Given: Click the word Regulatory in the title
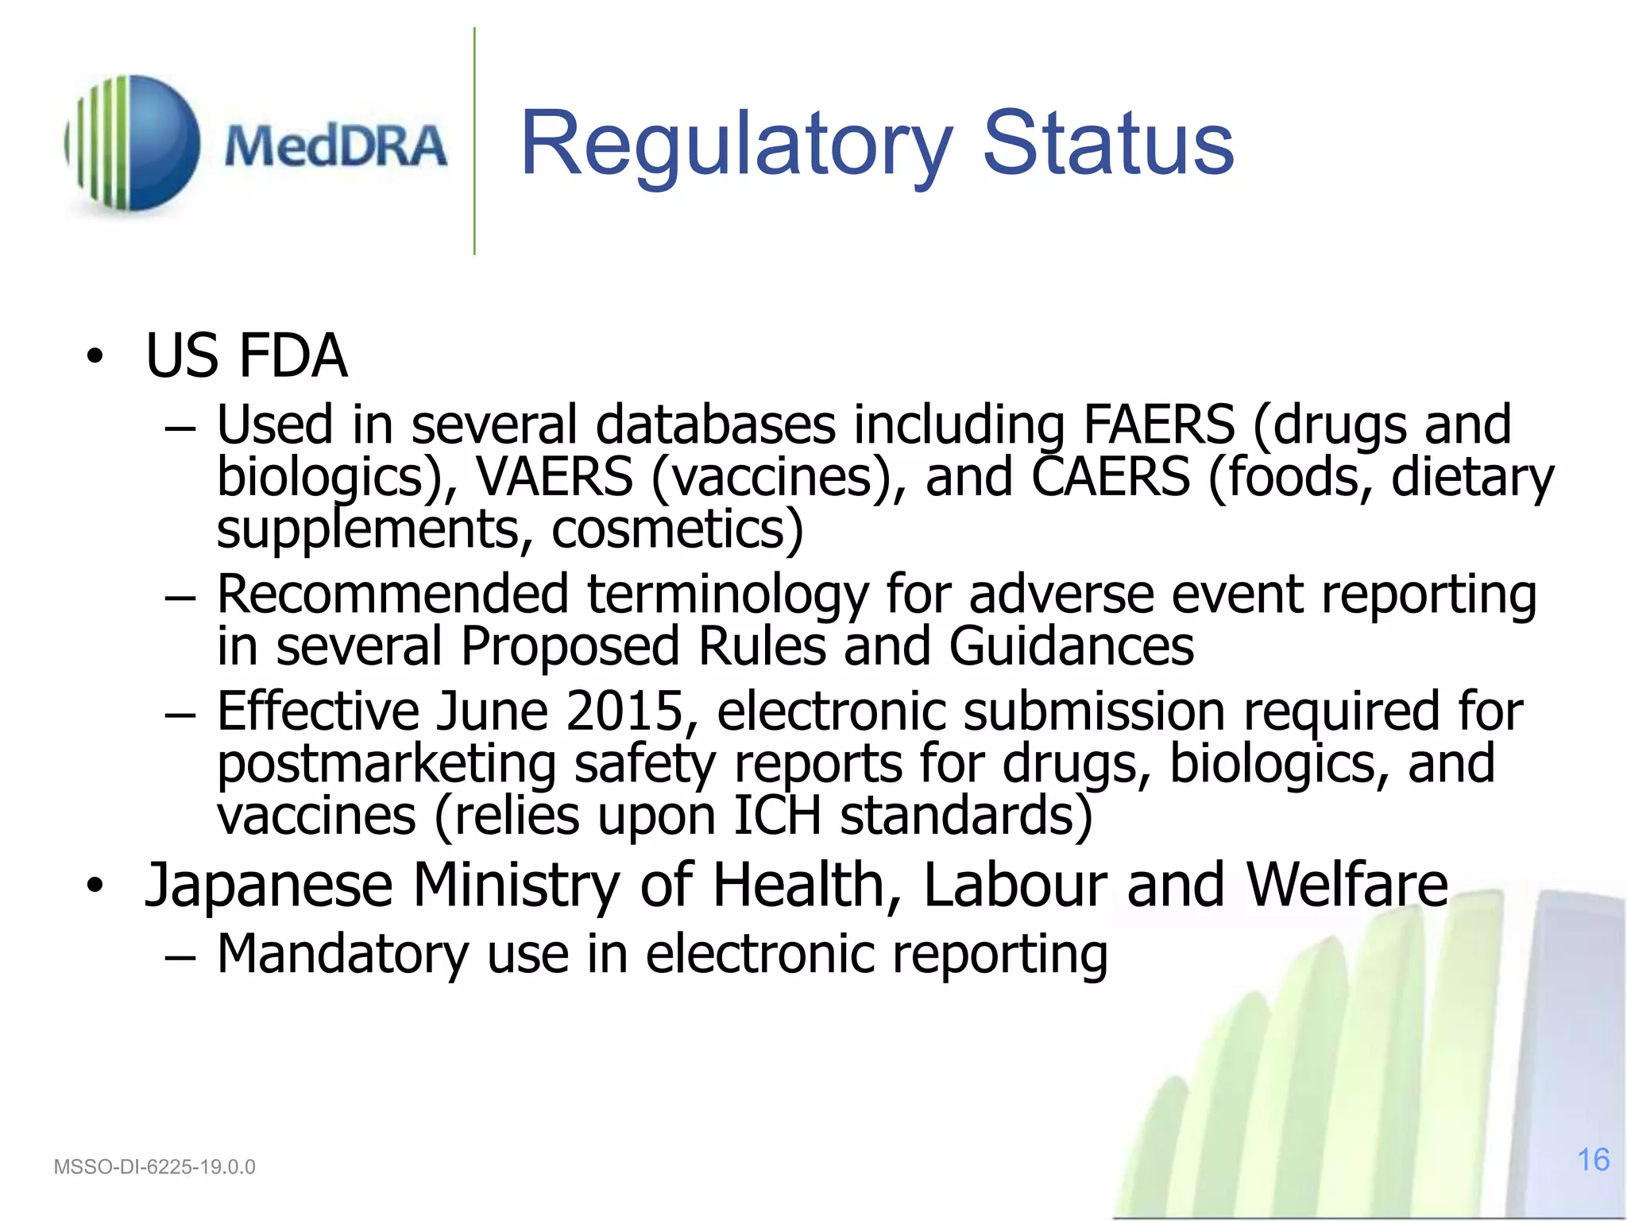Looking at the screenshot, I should (735, 145).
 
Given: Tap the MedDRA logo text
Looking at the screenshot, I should (335, 146).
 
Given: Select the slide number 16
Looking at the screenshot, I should (1593, 1160).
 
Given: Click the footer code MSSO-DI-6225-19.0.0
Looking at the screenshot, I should (154, 1167).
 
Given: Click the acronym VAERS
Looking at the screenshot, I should (554, 477).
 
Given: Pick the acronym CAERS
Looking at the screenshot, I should (1111, 477).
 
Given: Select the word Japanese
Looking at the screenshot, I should (269, 886).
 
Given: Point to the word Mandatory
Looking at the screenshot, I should (342, 954).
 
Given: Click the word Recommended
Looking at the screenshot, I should (392, 595).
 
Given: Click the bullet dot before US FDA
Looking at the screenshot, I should (95, 357).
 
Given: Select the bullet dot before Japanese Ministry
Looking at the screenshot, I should (95, 886).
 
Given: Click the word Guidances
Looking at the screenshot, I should (1071, 645).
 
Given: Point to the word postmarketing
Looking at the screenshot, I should (386, 763).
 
